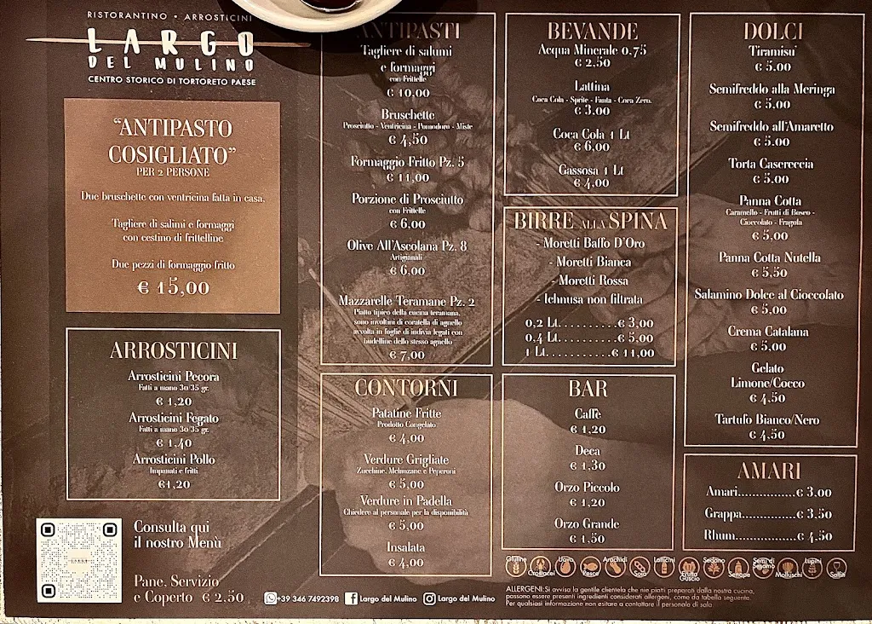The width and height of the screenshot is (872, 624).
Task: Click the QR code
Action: click(79, 561)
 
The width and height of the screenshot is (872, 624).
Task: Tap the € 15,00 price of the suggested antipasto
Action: click(173, 286)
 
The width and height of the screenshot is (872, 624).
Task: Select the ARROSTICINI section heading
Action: click(173, 351)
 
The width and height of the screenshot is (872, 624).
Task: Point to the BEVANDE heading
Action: click(592, 32)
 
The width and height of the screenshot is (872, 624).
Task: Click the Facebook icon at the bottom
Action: click(352, 599)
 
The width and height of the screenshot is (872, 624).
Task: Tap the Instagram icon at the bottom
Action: click(430, 599)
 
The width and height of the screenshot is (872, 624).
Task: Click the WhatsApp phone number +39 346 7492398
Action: click(307, 599)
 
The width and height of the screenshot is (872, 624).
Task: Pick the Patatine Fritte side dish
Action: click(406, 413)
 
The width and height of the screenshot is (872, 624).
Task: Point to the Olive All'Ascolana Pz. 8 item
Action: click(407, 246)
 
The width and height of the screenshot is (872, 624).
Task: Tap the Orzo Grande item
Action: click(587, 523)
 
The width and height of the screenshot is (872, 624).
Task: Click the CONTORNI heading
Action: click(406, 389)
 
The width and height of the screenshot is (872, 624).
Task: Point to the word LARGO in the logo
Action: click(170, 42)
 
